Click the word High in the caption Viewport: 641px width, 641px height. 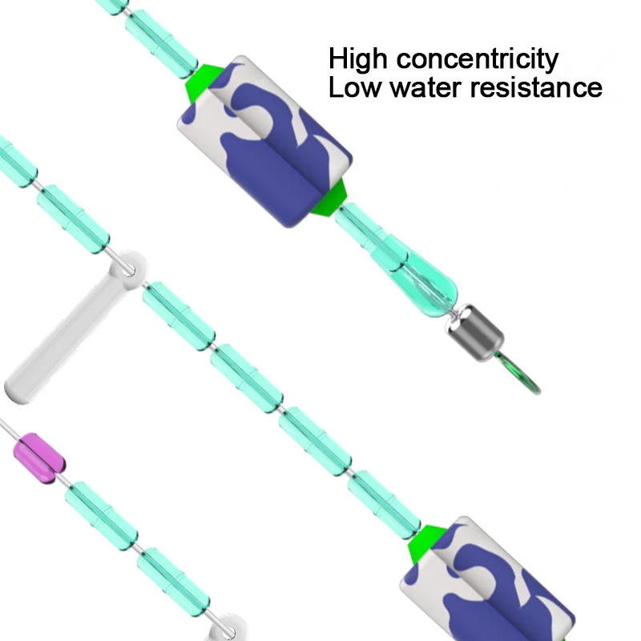[x=361, y=59]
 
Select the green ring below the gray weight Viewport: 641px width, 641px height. [x=522, y=375]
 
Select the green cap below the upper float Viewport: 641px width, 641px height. [x=332, y=200]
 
